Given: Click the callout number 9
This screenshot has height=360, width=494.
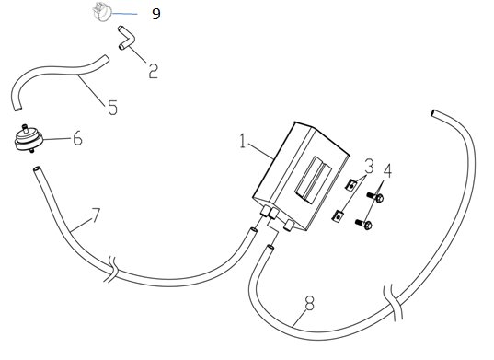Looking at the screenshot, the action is [156, 14].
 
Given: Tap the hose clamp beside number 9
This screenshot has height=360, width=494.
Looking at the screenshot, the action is [102, 11].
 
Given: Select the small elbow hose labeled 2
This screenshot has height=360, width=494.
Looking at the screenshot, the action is [127, 38].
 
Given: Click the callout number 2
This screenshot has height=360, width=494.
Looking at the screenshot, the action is [153, 71].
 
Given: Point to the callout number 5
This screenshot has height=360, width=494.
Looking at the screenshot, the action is [112, 108].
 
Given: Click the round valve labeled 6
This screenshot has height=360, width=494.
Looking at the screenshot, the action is [28, 139].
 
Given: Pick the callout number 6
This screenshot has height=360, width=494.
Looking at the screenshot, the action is [77, 138].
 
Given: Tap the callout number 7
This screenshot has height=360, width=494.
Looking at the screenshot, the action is [96, 215].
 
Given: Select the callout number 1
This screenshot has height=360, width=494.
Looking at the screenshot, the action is [242, 141].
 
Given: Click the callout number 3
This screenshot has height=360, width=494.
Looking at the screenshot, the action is [369, 166].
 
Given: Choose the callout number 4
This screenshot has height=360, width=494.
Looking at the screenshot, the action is [387, 171].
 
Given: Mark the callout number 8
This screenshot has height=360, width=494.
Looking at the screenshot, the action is [310, 303].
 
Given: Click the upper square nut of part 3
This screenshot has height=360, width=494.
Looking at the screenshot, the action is [350, 184].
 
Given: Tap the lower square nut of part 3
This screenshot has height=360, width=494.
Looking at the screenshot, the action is [338, 216].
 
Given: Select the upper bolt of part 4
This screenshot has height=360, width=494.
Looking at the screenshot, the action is [375, 197].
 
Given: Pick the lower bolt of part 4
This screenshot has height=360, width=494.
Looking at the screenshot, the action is [363, 224].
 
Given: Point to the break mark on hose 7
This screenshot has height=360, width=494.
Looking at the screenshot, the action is [112, 269].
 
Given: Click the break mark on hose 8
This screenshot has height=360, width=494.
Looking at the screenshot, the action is [393, 302].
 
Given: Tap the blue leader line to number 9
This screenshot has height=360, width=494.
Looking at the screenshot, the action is [125, 14].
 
